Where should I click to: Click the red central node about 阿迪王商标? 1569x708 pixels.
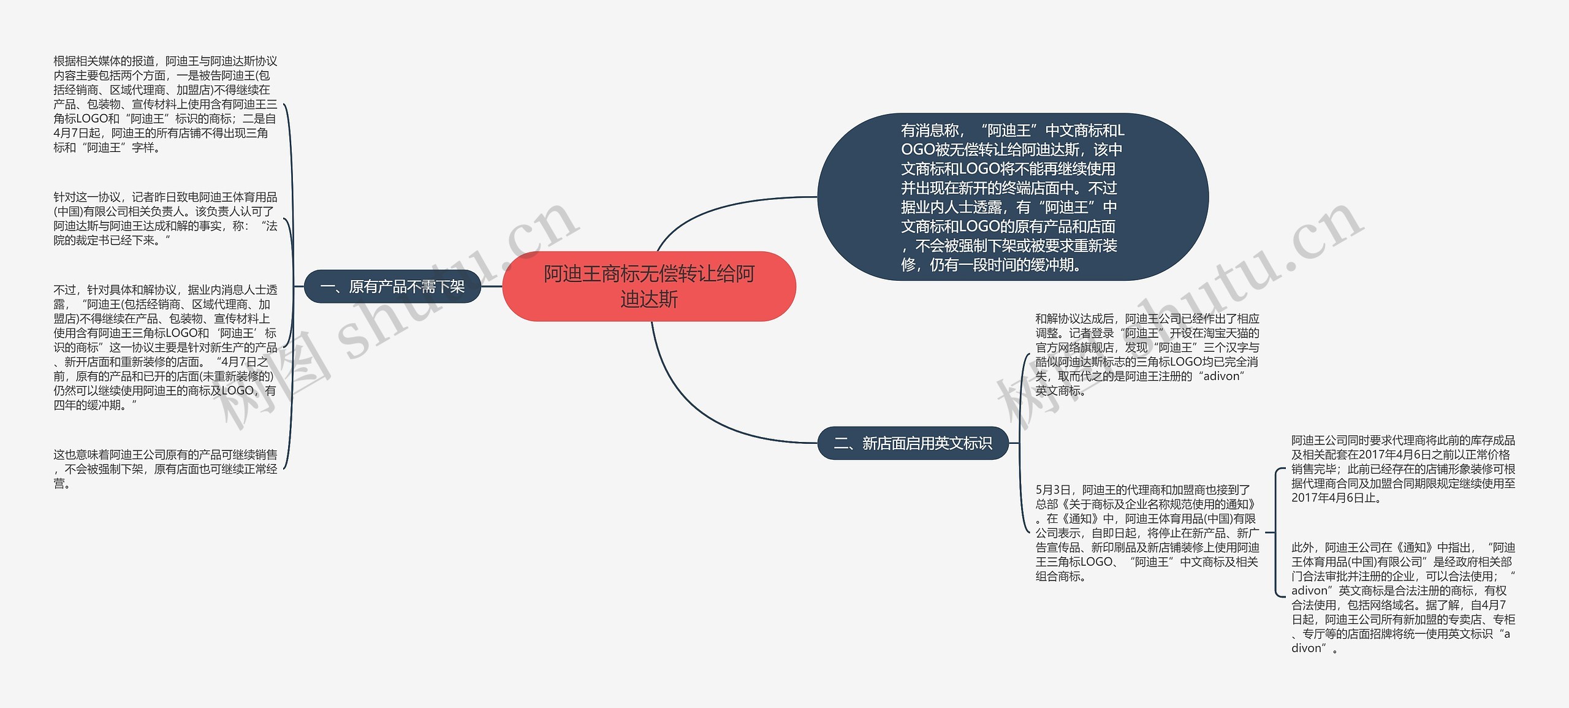coord(649,286)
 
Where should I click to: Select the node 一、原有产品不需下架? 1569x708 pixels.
coord(393,286)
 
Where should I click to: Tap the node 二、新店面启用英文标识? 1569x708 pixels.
coord(913,443)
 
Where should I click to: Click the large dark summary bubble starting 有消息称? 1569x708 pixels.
coord(1012,197)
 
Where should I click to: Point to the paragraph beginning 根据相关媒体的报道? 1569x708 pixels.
coord(165,104)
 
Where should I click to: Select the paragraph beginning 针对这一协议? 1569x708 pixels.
coord(165,219)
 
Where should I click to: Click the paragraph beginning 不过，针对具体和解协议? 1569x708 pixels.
coord(165,347)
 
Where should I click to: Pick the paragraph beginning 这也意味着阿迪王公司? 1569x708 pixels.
coord(165,469)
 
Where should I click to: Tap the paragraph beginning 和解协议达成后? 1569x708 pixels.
coord(1147,354)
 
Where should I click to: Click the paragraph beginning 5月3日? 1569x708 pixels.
coord(1147,533)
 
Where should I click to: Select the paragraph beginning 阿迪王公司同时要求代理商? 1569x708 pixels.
coord(1403,469)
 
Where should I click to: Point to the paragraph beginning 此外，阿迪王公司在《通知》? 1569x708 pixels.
coord(1403,598)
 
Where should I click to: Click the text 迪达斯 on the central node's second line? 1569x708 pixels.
coord(649,299)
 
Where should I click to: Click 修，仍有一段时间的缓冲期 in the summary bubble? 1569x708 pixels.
coord(990,265)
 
